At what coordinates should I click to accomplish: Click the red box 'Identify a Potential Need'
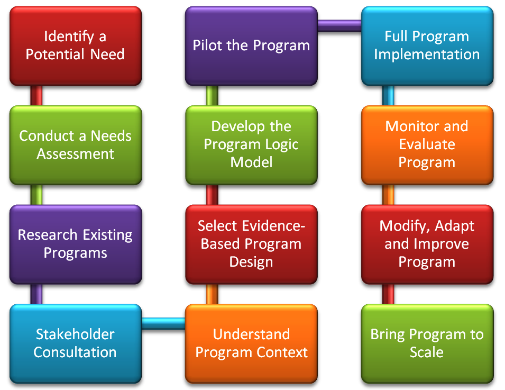pos(76,46)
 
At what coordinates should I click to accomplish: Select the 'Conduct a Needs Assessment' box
pos(76,145)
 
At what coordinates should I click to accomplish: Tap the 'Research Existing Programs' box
pos(76,244)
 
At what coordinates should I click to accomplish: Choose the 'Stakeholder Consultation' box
pos(76,343)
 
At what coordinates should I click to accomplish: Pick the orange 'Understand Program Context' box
pos(252,343)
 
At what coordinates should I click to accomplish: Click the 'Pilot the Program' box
pos(252,46)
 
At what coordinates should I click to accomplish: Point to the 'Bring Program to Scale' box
pos(427,343)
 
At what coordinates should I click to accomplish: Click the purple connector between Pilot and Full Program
pos(339,26)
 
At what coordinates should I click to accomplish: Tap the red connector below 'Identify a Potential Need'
pos(36,96)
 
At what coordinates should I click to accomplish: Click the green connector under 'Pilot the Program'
pos(212,96)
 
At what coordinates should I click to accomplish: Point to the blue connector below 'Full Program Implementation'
pos(388,96)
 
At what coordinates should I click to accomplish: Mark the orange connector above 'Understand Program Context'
pos(212,294)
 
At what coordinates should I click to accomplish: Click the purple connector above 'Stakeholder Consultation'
pos(36,294)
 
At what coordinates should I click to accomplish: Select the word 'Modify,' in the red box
pos(404,226)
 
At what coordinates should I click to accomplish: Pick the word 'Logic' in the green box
pos(282,144)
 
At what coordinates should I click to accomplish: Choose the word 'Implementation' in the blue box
pos(427,55)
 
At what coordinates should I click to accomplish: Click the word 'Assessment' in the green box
pos(76,154)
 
